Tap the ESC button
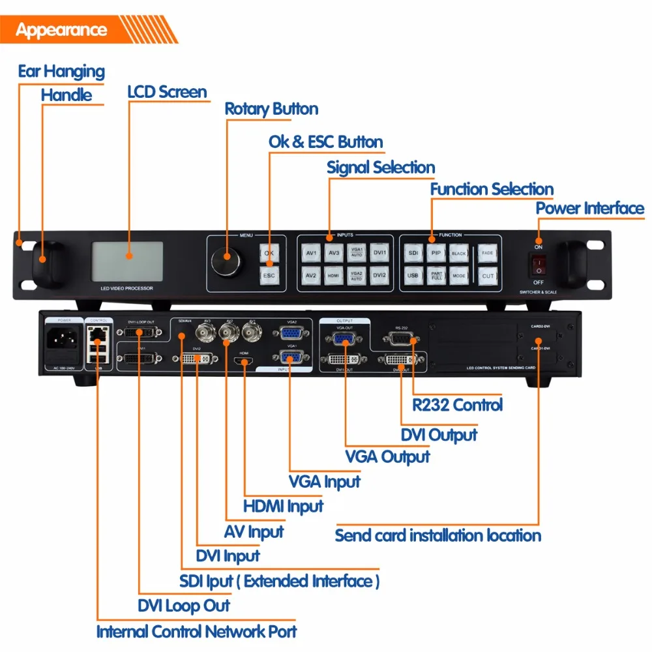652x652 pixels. pyautogui.click(x=269, y=275)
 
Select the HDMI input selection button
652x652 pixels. pyautogui.click(x=334, y=276)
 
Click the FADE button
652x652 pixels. pyautogui.click(x=488, y=252)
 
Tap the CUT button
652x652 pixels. pyautogui.click(x=488, y=276)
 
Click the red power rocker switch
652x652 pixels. pyautogui.click(x=539, y=264)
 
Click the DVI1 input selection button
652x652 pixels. pyautogui.click(x=379, y=252)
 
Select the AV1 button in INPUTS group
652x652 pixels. pyautogui.click(x=311, y=252)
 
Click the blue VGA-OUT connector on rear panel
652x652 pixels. pyautogui.click(x=345, y=339)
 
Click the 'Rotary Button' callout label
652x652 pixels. pyautogui.click(x=271, y=109)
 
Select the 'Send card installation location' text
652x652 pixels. pyautogui.click(x=437, y=536)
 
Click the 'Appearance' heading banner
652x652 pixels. pyautogui.click(x=62, y=30)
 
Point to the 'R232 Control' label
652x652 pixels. pyautogui.click(x=458, y=404)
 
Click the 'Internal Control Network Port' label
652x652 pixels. pyautogui.click(x=196, y=632)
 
